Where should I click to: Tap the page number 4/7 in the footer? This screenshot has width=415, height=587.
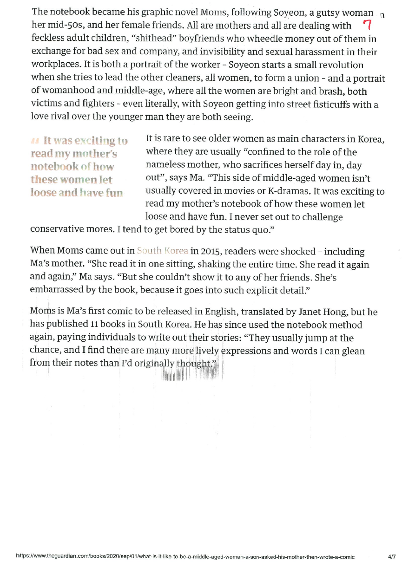click(392, 556)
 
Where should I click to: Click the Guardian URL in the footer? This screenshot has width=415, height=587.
click(185, 556)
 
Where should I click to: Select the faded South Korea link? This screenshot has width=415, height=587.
click(163, 252)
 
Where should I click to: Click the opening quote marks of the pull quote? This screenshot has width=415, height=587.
click(36, 141)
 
